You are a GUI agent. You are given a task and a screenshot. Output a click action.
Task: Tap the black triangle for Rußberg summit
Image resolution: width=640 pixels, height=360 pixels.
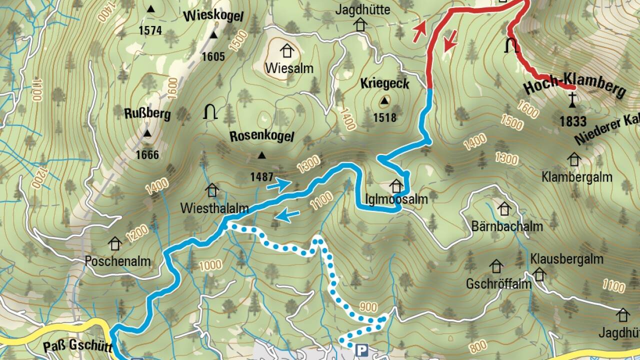click(x=147, y=133)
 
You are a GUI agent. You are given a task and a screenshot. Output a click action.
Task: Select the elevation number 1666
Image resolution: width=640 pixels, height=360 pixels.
click(x=147, y=155)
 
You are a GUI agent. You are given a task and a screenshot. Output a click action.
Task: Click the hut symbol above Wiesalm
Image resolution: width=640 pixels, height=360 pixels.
click(x=286, y=50)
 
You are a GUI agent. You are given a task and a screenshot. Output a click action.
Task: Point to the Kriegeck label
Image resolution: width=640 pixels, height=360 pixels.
click(x=384, y=83)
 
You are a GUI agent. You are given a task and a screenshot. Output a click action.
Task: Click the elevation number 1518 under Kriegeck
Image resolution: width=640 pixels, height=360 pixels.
click(x=384, y=118)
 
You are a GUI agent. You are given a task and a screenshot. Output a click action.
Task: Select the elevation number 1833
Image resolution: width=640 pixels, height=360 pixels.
click(x=572, y=121)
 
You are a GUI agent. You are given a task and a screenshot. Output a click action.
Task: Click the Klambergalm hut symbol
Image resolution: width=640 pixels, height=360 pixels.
click(x=573, y=159)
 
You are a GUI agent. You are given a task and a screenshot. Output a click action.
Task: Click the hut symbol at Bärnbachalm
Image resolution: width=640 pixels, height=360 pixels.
click(x=504, y=208)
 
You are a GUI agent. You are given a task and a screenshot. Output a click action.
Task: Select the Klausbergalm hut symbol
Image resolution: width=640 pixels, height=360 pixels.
click(x=539, y=274)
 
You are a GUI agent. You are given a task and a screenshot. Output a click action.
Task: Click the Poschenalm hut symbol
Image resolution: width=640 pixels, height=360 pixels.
click(x=115, y=243)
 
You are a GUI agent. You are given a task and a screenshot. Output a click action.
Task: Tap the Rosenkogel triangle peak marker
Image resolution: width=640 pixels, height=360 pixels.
click(x=261, y=155)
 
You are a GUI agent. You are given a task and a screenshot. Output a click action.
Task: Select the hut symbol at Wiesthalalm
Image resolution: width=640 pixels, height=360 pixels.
click(x=212, y=190)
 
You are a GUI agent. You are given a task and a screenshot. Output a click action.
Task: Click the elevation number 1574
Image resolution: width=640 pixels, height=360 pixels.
click(x=150, y=30)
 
